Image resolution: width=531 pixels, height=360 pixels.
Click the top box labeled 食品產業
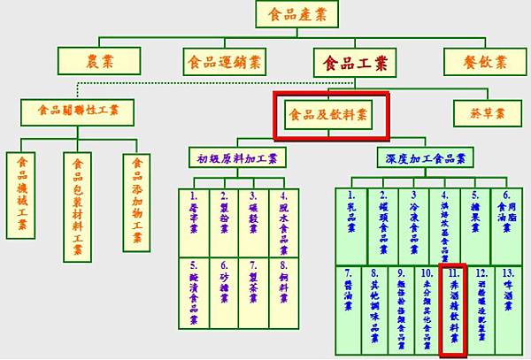tap(296, 14)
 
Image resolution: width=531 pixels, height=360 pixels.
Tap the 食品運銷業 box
tap(223, 62)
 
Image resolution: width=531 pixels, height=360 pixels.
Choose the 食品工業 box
tap(353, 62)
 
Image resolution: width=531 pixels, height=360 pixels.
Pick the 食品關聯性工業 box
tap(77, 112)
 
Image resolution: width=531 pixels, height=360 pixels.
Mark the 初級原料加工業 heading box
tap(236, 159)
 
